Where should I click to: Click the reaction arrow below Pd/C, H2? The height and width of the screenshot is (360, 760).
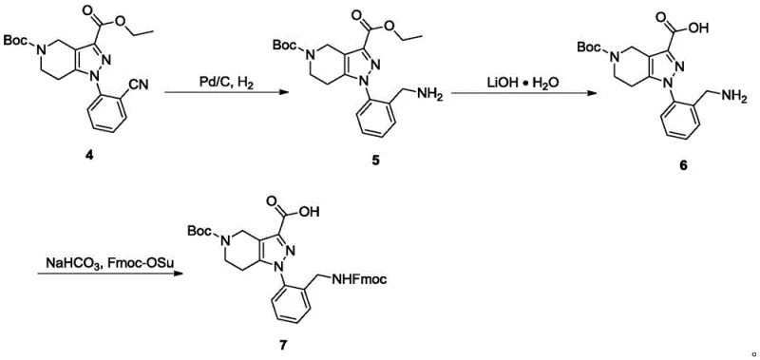(x=225, y=92)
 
